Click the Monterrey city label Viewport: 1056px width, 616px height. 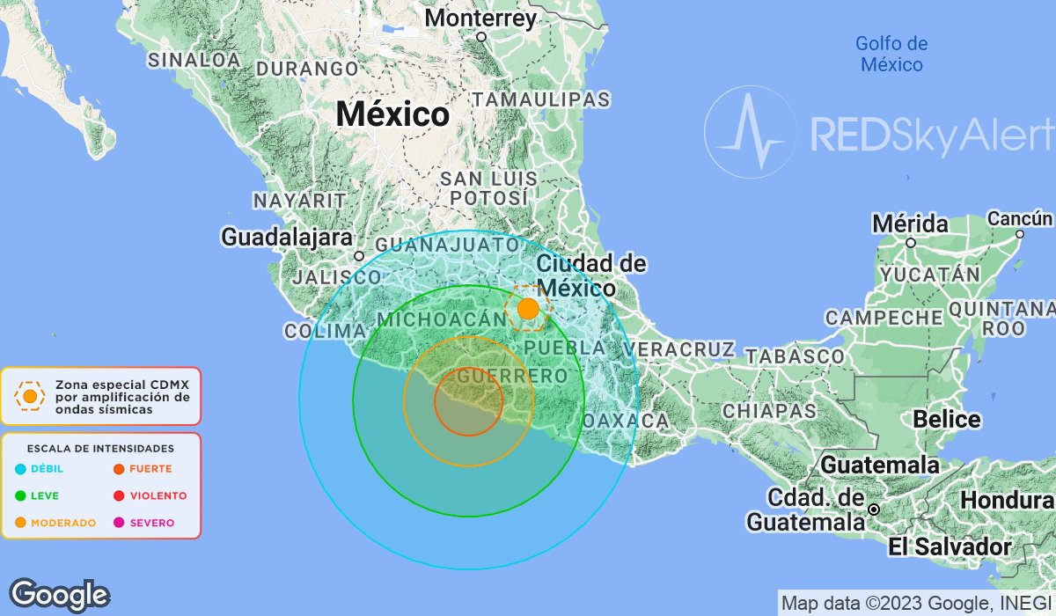[x=480, y=18]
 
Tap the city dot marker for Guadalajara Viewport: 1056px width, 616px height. [x=359, y=256]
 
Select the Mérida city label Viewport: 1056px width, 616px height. [x=910, y=224]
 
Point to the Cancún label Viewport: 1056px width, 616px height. [x=1019, y=218]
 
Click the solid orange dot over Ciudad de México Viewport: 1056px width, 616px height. [x=528, y=309]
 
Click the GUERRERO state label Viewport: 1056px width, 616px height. [x=512, y=377]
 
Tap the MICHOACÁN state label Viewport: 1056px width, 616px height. [x=433, y=319]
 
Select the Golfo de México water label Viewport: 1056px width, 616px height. [x=891, y=54]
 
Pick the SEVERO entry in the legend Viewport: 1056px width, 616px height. [x=151, y=523]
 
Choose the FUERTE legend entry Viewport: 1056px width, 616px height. [x=150, y=469]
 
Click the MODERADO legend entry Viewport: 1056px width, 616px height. [x=62, y=523]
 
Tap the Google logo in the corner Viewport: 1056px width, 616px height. [x=59, y=595]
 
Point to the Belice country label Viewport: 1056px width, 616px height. [x=946, y=419]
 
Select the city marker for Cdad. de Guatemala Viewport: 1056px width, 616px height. [x=874, y=510]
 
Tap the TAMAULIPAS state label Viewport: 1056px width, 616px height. [x=540, y=99]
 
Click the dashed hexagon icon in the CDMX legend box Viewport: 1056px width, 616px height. [x=30, y=396]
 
